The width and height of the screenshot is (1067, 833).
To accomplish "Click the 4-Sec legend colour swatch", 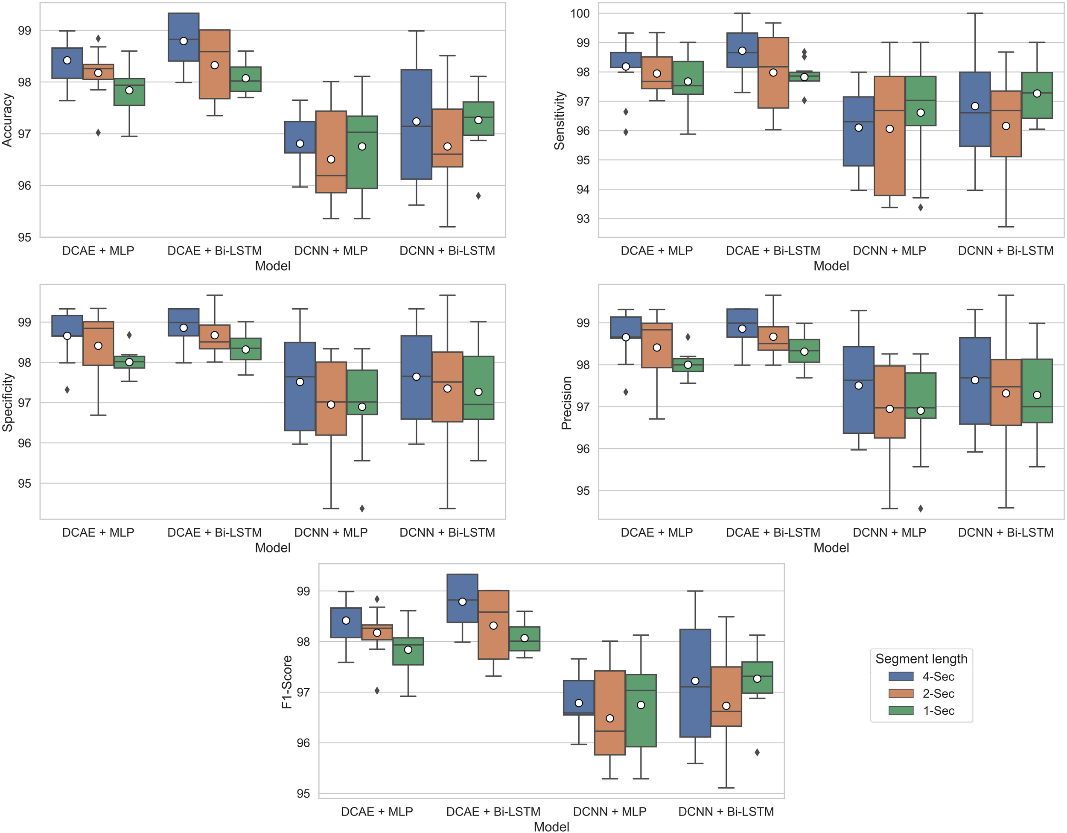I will pyautogui.click(x=901, y=677).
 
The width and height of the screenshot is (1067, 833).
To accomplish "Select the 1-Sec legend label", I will pyautogui.click(x=939, y=711).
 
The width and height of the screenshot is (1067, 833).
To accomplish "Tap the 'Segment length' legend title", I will pyautogui.click(x=921, y=659).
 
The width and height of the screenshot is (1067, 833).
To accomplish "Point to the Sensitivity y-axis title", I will pyautogui.click(x=560, y=120).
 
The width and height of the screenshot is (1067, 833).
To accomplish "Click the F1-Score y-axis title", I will pyautogui.click(x=287, y=682).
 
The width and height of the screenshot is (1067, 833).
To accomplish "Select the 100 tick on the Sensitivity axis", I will pyautogui.click(x=580, y=13).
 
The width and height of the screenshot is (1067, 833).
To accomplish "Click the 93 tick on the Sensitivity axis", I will pyautogui.click(x=583, y=219).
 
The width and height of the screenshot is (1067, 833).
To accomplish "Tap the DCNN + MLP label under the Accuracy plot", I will pyautogui.click(x=331, y=251).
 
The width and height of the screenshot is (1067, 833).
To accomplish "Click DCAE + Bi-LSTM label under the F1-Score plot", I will pyautogui.click(x=493, y=812).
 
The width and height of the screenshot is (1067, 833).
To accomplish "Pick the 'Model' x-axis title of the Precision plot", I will pyautogui.click(x=831, y=547).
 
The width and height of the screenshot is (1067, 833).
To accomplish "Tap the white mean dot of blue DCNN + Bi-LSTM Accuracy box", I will pyautogui.click(x=416, y=121).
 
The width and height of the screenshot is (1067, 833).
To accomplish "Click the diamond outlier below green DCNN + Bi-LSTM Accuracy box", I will pyautogui.click(x=478, y=196).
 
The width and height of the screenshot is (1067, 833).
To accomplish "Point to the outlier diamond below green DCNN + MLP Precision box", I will pyautogui.click(x=921, y=509).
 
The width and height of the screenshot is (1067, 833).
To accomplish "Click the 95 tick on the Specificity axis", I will pyautogui.click(x=24, y=483).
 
